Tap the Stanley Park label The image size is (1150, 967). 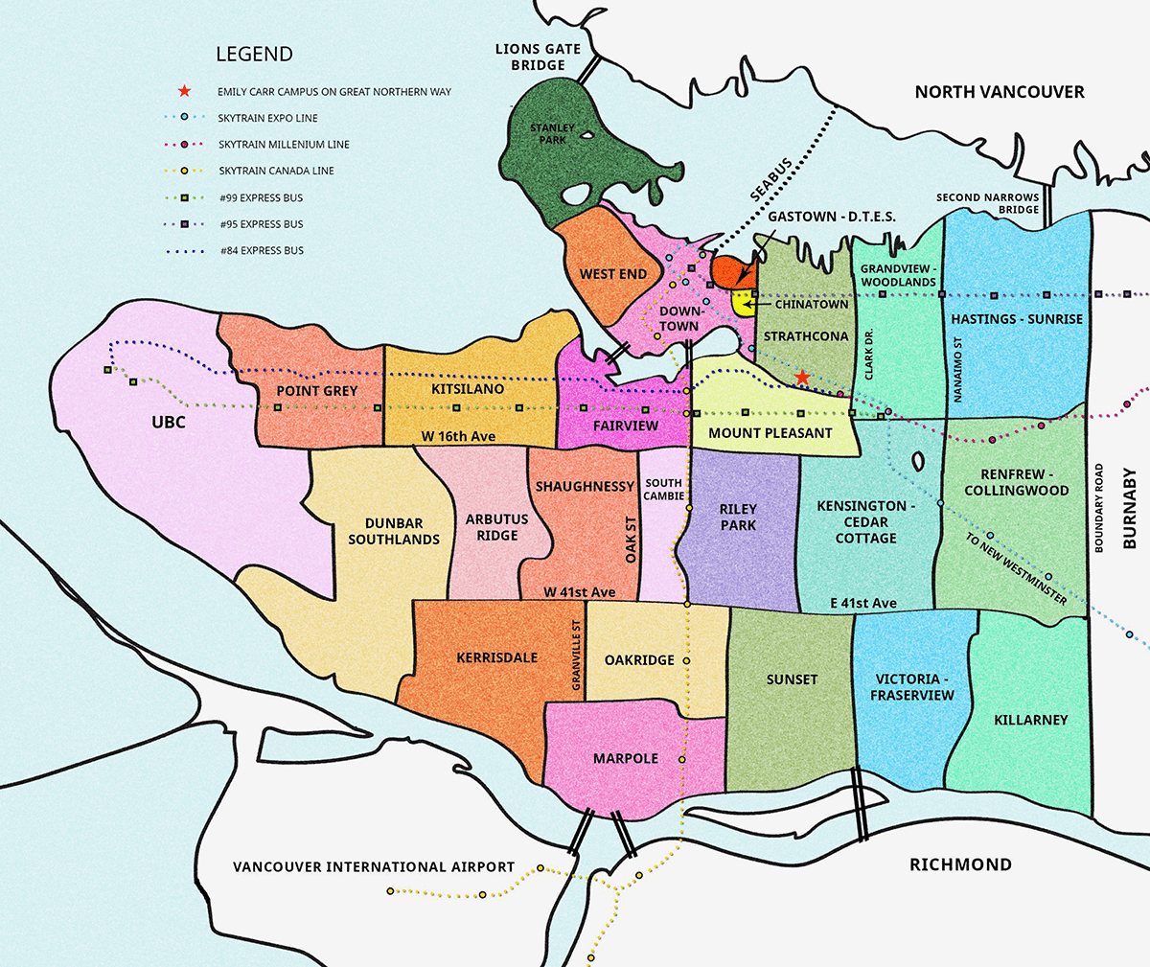click(553, 133)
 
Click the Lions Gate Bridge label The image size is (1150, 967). click(539, 57)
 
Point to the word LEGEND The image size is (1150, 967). click(254, 55)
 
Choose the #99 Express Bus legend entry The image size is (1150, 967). click(261, 197)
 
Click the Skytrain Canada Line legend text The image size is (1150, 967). click(276, 171)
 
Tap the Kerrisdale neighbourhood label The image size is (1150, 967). click(496, 657)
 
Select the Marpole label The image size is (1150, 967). click(626, 758)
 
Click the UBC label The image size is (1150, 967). click(168, 422)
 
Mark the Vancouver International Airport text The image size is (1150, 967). click(374, 866)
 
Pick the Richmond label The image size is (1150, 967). click(960, 864)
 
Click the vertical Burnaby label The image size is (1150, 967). click(1129, 509)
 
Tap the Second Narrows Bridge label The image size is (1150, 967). click(988, 203)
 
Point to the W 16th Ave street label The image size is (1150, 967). click(458, 436)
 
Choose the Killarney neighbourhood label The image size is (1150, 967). click(1031, 720)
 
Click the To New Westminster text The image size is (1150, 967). click(1016, 569)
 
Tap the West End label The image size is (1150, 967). click(613, 274)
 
